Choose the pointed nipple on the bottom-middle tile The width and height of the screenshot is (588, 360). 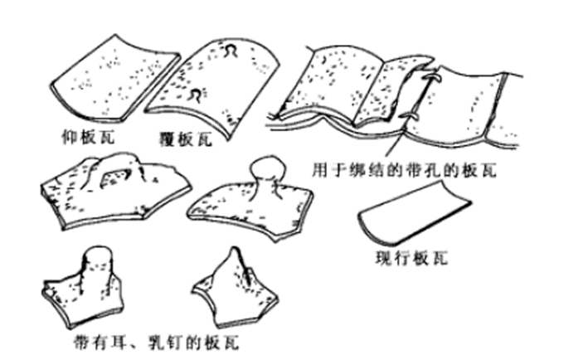pos(233,264)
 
